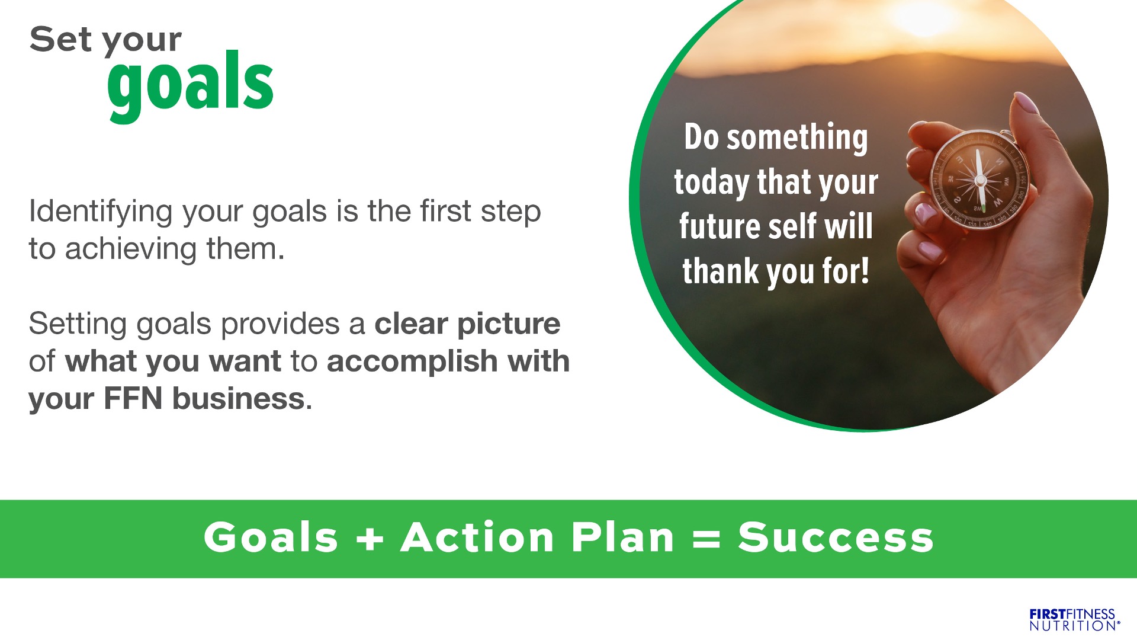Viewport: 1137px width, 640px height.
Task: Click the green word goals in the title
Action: (190, 87)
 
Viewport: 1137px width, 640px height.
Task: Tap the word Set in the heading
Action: (60, 40)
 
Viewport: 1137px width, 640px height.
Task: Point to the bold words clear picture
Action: (467, 325)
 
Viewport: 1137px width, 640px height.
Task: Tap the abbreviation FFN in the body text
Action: (133, 398)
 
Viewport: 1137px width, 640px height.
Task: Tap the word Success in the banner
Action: (836, 537)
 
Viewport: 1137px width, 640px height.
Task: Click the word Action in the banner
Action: (477, 537)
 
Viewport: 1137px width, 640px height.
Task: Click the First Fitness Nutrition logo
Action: (1074, 620)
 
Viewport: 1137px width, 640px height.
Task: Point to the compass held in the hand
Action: (979, 179)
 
